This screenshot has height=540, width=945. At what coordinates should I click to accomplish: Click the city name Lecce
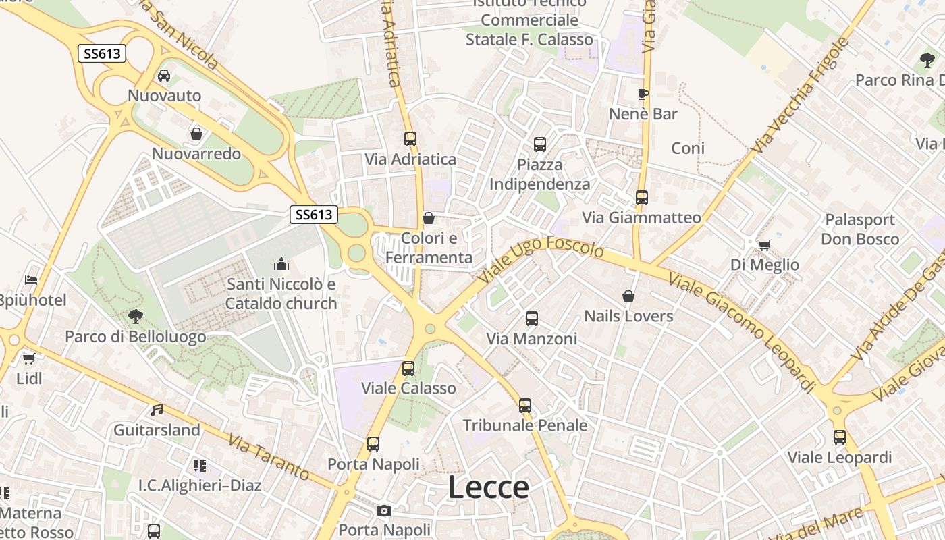pyautogui.click(x=489, y=487)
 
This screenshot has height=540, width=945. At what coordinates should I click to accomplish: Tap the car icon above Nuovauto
pyautogui.click(x=164, y=75)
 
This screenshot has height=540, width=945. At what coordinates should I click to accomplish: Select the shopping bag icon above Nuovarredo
pyautogui.click(x=196, y=134)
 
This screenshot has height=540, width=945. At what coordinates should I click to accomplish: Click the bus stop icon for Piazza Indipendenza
pyautogui.click(x=540, y=144)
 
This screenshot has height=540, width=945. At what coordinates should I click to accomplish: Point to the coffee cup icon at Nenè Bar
pyautogui.click(x=643, y=94)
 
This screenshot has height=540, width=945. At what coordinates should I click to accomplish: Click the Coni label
pyautogui.click(x=688, y=148)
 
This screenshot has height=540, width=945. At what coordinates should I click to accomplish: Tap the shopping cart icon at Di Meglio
pyautogui.click(x=764, y=244)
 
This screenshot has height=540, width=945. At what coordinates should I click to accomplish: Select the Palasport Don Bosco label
pyautogui.click(x=860, y=230)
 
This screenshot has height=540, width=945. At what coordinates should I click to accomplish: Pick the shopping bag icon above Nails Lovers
pyautogui.click(x=628, y=296)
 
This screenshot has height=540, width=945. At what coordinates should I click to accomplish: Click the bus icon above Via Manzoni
pyautogui.click(x=532, y=318)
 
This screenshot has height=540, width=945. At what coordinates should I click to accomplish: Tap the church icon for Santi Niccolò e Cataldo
pyautogui.click(x=281, y=264)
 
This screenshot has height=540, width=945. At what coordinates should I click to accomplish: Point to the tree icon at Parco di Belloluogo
pyautogui.click(x=136, y=316)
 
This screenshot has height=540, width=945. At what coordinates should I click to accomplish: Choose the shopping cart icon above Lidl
pyautogui.click(x=28, y=358)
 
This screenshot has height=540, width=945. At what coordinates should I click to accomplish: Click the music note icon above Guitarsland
pyautogui.click(x=157, y=410)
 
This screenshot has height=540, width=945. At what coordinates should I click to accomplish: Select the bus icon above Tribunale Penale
pyautogui.click(x=525, y=405)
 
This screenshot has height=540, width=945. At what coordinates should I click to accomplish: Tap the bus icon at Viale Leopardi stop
pyautogui.click(x=840, y=437)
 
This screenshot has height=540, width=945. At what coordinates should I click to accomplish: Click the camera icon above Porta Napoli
pyautogui.click(x=384, y=510)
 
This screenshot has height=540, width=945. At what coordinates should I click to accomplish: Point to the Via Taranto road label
pyautogui.click(x=269, y=457)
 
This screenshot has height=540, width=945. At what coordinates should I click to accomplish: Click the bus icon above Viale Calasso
pyautogui.click(x=408, y=368)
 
